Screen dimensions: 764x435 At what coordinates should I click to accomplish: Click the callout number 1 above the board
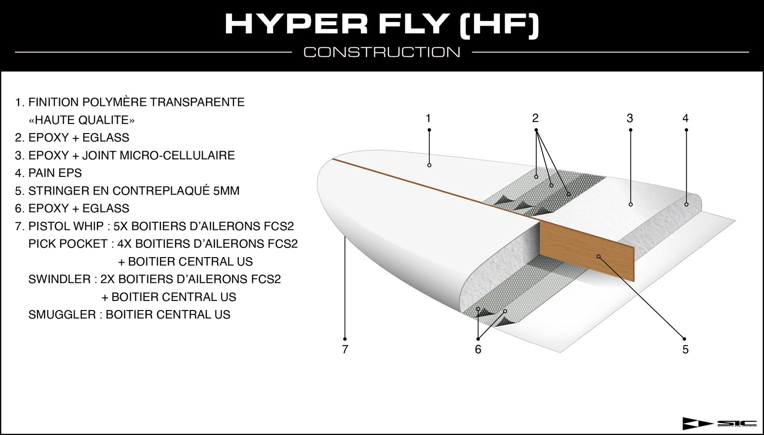click(428, 119)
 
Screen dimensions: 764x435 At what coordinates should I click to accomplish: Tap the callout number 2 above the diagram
click(535, 118)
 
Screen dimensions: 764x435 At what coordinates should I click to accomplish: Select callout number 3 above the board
click(630, 119)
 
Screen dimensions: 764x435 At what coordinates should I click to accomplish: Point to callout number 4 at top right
click(686, 119)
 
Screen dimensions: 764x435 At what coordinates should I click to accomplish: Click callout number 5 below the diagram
click(686, 350)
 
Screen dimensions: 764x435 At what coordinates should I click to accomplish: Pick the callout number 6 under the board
click(478, 350)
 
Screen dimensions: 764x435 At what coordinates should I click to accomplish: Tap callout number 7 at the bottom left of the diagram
click(345, 350)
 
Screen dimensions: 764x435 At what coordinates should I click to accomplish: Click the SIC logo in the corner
click(719, 424)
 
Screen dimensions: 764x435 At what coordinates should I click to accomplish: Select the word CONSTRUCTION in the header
click(382, 52)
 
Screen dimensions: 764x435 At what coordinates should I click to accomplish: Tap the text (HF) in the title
click(499, 24)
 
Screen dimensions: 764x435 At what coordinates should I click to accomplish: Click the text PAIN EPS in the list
click(55, 173)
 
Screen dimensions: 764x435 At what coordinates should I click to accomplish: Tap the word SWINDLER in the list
click(59, 280)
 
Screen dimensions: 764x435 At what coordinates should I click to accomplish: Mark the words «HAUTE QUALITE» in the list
click(82, 120)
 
